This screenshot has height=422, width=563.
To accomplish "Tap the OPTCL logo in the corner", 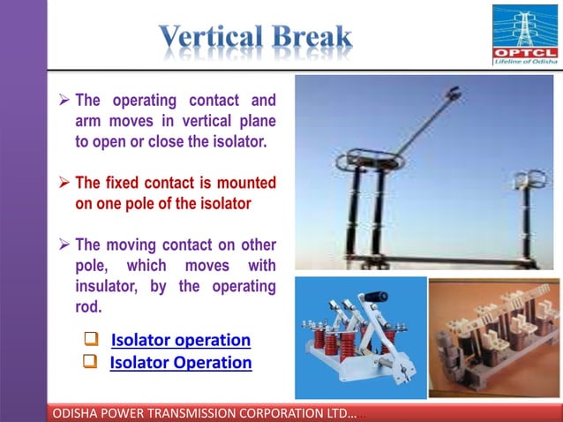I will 524,35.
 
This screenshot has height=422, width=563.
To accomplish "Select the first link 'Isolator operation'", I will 180,341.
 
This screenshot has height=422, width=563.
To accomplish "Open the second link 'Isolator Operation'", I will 180,363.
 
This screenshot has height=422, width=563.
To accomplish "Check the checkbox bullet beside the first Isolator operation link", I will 90,340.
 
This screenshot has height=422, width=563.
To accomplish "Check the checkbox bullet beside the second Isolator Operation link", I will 90,362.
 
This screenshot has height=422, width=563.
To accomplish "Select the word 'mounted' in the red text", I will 246,184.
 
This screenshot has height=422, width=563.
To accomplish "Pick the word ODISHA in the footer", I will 79,412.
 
